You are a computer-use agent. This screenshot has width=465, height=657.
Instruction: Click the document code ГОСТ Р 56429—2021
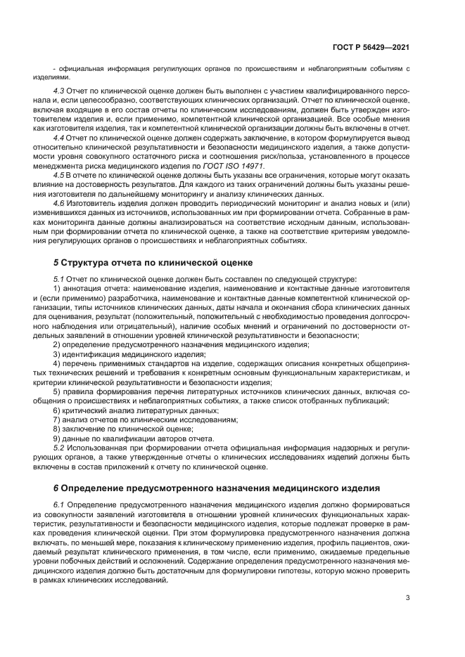click(x=371, y=46)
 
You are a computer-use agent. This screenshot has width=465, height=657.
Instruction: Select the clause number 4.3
click(x=59, y=92)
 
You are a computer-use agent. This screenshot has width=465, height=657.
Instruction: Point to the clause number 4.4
click(x=59, y=140)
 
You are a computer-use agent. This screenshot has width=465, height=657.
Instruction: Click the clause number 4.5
click(x=59, y=173)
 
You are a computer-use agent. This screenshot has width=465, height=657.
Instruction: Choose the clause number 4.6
click(x=59, y=202)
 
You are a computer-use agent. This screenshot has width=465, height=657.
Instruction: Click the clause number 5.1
click(x=59, y=279)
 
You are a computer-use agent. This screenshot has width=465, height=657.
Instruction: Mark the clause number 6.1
click(x=59, y=505)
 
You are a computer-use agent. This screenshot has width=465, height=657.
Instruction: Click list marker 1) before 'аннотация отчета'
click(x=57, y=288)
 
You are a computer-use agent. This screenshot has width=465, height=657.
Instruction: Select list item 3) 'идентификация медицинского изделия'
click(x=119, y=354)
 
